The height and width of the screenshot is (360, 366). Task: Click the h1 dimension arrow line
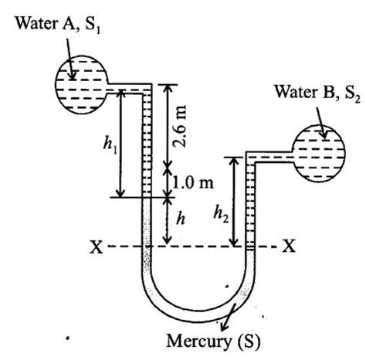tap(120, 143)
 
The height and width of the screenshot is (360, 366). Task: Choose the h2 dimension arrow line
tap(234, 201)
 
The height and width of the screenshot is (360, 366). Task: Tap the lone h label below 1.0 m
tap(180, 220)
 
